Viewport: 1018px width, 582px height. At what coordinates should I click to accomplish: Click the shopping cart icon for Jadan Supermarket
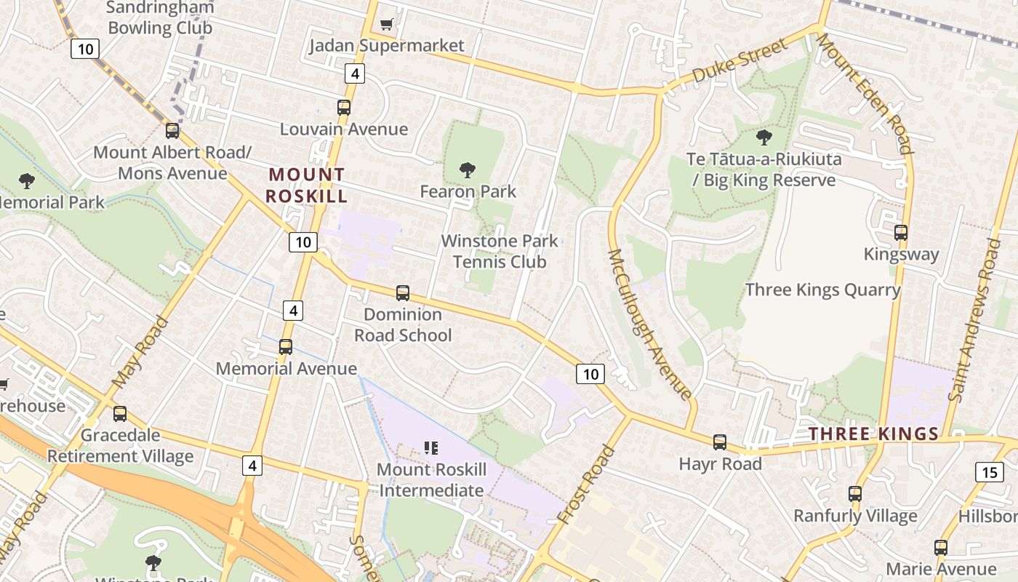click(386, 25)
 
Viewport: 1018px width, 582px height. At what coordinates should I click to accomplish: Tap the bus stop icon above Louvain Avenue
click(344, 108)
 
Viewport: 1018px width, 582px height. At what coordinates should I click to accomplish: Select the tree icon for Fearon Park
click(468, 170)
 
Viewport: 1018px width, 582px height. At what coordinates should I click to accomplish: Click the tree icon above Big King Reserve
click(763, 137)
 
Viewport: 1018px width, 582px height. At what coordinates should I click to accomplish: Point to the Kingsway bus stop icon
click(901, 233)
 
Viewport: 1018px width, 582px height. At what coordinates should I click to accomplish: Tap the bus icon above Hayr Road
click(720, 442)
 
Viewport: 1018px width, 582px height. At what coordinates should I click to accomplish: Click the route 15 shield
click(989, 472)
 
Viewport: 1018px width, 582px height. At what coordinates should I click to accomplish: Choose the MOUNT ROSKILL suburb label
click(306, 186)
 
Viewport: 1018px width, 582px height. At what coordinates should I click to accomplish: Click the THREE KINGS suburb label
click(873, 434)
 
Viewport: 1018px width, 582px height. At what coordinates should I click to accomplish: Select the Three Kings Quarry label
click(822, 290)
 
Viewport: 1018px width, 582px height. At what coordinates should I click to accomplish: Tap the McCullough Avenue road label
click(649, 324)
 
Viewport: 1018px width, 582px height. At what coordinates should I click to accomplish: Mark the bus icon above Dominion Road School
click(403, 293)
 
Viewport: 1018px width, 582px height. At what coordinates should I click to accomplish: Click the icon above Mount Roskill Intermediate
click(431, 448)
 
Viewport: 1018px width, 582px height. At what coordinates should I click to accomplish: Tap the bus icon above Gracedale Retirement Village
click(120, 414)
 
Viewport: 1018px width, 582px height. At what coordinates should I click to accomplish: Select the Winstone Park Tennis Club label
click(500, 251)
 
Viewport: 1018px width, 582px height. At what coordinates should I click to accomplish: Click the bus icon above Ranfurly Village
click(855, 494)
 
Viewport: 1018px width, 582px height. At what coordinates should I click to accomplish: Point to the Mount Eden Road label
click(864, 93)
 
